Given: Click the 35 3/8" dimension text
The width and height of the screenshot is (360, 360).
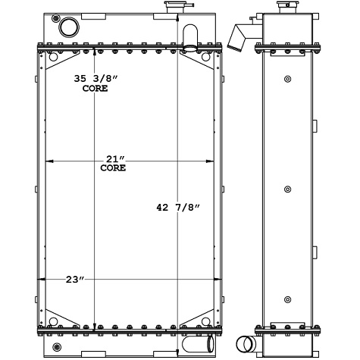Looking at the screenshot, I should tap(74, 77).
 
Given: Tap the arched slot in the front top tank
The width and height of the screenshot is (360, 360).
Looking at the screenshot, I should tap(190, 36).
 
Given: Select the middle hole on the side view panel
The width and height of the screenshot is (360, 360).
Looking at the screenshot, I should tap(287, 189).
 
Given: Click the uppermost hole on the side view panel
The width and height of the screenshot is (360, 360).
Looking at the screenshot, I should tap(287, 79).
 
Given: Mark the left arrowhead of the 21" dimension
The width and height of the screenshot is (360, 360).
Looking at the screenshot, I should tap(51, 161).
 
